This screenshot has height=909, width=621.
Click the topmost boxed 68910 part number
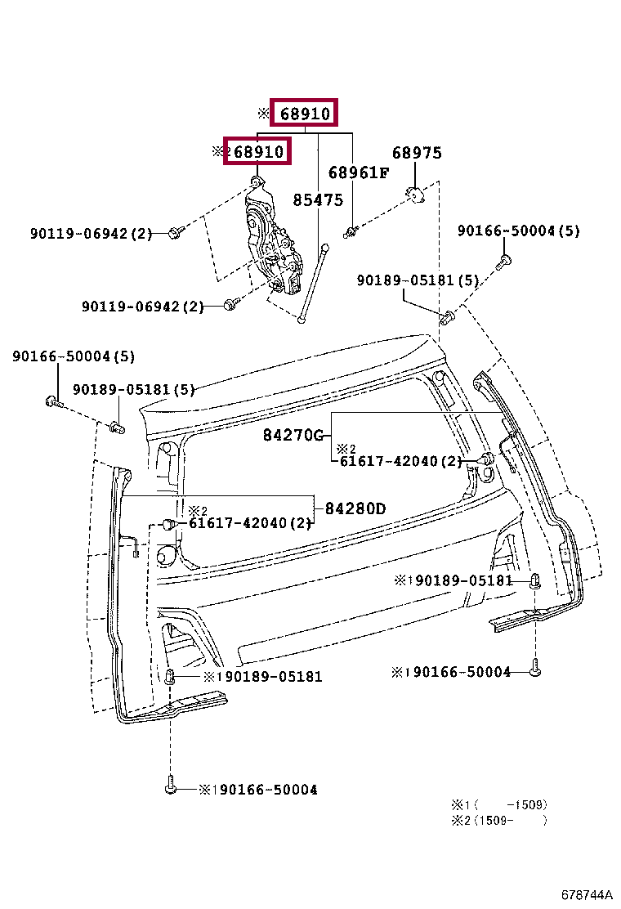305,114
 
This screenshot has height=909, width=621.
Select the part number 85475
318,200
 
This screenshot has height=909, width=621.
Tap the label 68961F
359,172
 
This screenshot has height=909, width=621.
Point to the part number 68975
417,153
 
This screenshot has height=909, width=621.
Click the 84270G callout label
293,435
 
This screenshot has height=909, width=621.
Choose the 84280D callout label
355,508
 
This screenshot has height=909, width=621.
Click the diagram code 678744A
586,894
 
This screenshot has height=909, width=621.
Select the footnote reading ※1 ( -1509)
499,804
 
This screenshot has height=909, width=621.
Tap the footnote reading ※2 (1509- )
499,820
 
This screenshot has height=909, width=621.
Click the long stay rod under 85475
314,283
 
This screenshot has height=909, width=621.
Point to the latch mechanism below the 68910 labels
272,240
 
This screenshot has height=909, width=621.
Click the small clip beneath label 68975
415,195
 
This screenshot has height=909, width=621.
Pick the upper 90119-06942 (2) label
91,234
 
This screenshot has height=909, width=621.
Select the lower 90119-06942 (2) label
142,306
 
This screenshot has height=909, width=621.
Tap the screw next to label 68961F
351,232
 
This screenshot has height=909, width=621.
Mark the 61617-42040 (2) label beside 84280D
250,523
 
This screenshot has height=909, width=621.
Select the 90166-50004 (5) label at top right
519,231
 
